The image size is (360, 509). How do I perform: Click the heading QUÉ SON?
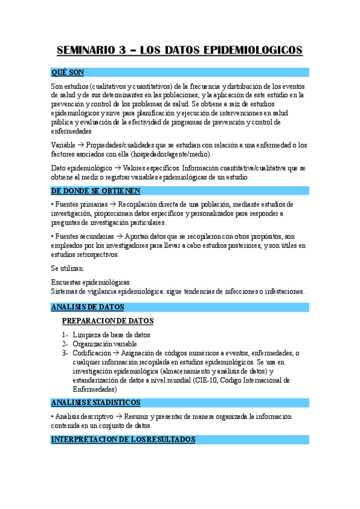[x=68, y=73]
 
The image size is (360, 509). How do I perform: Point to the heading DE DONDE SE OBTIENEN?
[x=96, y=191]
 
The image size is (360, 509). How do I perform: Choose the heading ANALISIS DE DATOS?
[x=88, y=307]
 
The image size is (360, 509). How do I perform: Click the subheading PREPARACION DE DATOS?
[x=108, y=321]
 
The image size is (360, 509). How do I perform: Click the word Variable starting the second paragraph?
[x=64, y=145]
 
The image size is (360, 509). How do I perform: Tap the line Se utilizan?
[x=68, y=269]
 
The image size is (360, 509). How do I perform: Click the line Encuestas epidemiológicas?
[x=91, y=282]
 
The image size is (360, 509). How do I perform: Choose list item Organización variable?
[x=104, y=344]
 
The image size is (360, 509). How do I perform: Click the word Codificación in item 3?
[x=92, y=353]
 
